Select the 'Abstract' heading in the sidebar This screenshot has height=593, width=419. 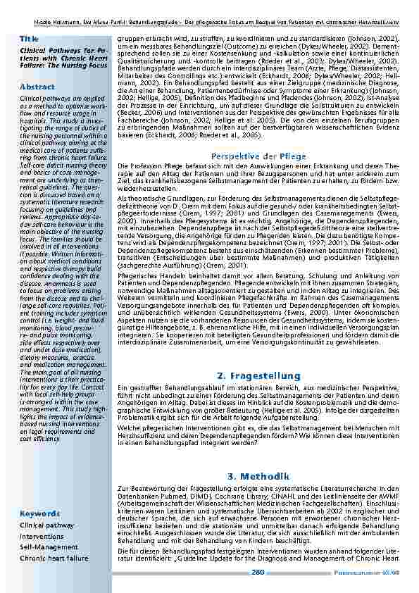click(37, 86)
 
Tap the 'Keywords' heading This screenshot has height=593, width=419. click(39, 513)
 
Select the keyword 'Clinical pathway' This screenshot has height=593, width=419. click(46, 525)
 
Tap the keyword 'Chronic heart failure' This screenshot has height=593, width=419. click(54, 557)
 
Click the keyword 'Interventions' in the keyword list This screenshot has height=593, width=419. click(42, 536)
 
